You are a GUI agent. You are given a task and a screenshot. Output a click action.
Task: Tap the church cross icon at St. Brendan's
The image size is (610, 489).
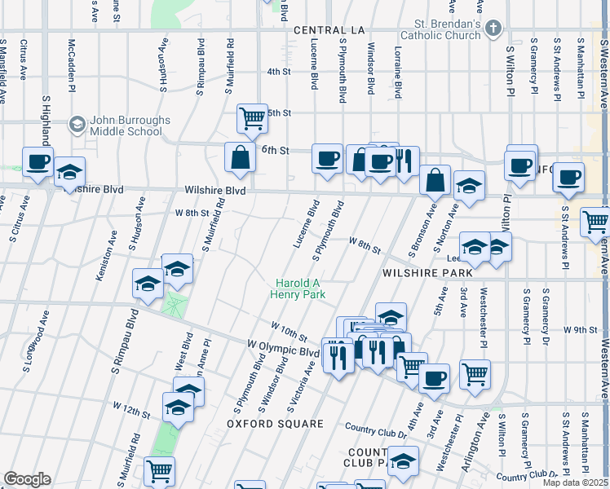point(493,29)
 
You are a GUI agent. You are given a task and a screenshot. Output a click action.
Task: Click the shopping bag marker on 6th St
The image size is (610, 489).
point(241,157)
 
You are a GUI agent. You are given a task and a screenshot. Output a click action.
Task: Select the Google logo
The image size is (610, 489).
point(27,478)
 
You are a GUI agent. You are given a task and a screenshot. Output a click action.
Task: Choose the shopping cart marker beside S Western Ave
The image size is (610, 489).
point(596,222)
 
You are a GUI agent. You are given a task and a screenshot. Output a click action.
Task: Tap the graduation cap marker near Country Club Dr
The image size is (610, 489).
point(402,460)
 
